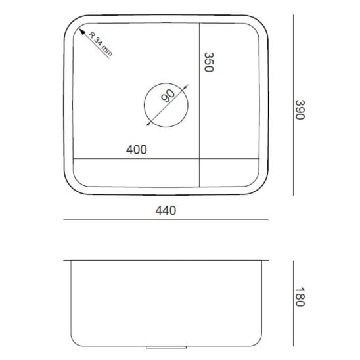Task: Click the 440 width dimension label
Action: [166, 210]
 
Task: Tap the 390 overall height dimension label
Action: [300, 110]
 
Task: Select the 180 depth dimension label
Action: [300, 297]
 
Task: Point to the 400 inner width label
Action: [137, 150]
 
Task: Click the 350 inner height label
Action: [209, 62]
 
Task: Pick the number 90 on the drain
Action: [168, 95]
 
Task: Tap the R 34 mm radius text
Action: [101, 44]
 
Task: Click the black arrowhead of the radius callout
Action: [81, 32]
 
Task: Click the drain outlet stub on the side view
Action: [166, 347]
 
